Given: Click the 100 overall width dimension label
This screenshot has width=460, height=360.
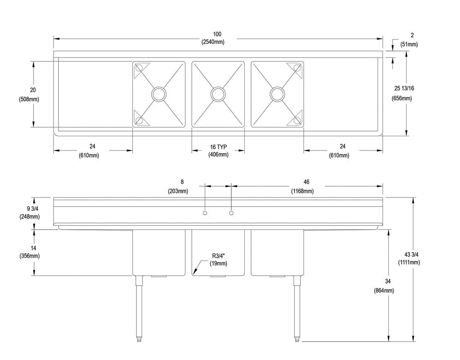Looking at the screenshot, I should (217, 34).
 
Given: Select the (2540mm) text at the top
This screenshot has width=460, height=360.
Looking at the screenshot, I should (217, 42).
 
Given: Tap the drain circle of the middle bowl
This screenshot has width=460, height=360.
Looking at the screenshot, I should (218, 94).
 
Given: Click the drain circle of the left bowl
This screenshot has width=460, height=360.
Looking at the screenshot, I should (159, 94).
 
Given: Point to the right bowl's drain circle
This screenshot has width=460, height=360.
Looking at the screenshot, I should (277, 94).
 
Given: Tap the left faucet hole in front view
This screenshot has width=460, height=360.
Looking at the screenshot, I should (205, 213).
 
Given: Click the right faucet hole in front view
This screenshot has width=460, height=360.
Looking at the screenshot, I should (231, 213).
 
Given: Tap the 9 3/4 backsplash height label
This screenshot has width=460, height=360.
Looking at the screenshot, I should (29, 208).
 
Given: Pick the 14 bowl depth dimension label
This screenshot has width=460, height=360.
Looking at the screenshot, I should (29, 248).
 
